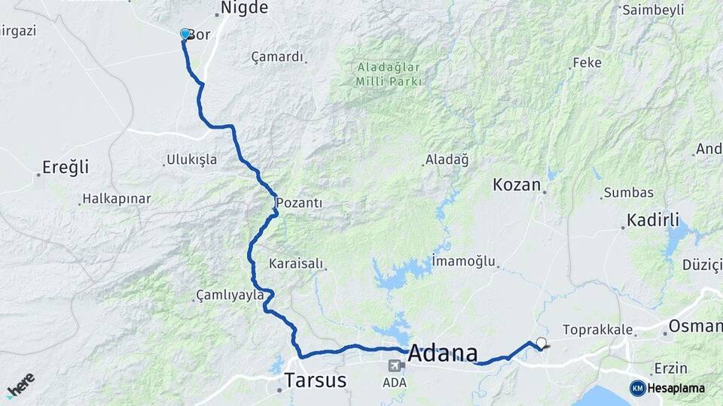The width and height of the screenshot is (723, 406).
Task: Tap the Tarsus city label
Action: click(x=316, y=380)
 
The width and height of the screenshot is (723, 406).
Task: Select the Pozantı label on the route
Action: click(x=299, y=203)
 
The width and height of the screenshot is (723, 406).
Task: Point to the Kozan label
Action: click(x=517, y=184)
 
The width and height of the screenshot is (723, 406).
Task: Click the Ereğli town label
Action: click(x=66, y=167)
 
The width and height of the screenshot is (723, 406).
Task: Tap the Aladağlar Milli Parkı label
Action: click(x=389, y=74)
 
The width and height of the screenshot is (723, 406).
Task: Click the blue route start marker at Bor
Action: click(x=185, y=34)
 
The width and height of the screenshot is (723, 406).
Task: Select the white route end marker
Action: click(x=541, y=343)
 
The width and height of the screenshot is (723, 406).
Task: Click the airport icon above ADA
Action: click(x=394, y=366)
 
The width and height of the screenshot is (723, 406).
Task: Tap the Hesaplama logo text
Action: click(x=676, y=388)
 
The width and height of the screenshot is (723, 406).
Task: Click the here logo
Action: click(x=20, y=385)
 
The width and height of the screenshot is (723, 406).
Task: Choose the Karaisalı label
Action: click(x=296, y=264)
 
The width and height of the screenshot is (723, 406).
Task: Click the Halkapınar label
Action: click(x=116, y=199)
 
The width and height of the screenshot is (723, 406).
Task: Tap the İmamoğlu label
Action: click(x=464, y=262)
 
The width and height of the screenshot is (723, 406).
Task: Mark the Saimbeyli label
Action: click(x=653, y=10)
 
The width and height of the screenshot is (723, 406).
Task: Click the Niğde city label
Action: click(x=243, y=8)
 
